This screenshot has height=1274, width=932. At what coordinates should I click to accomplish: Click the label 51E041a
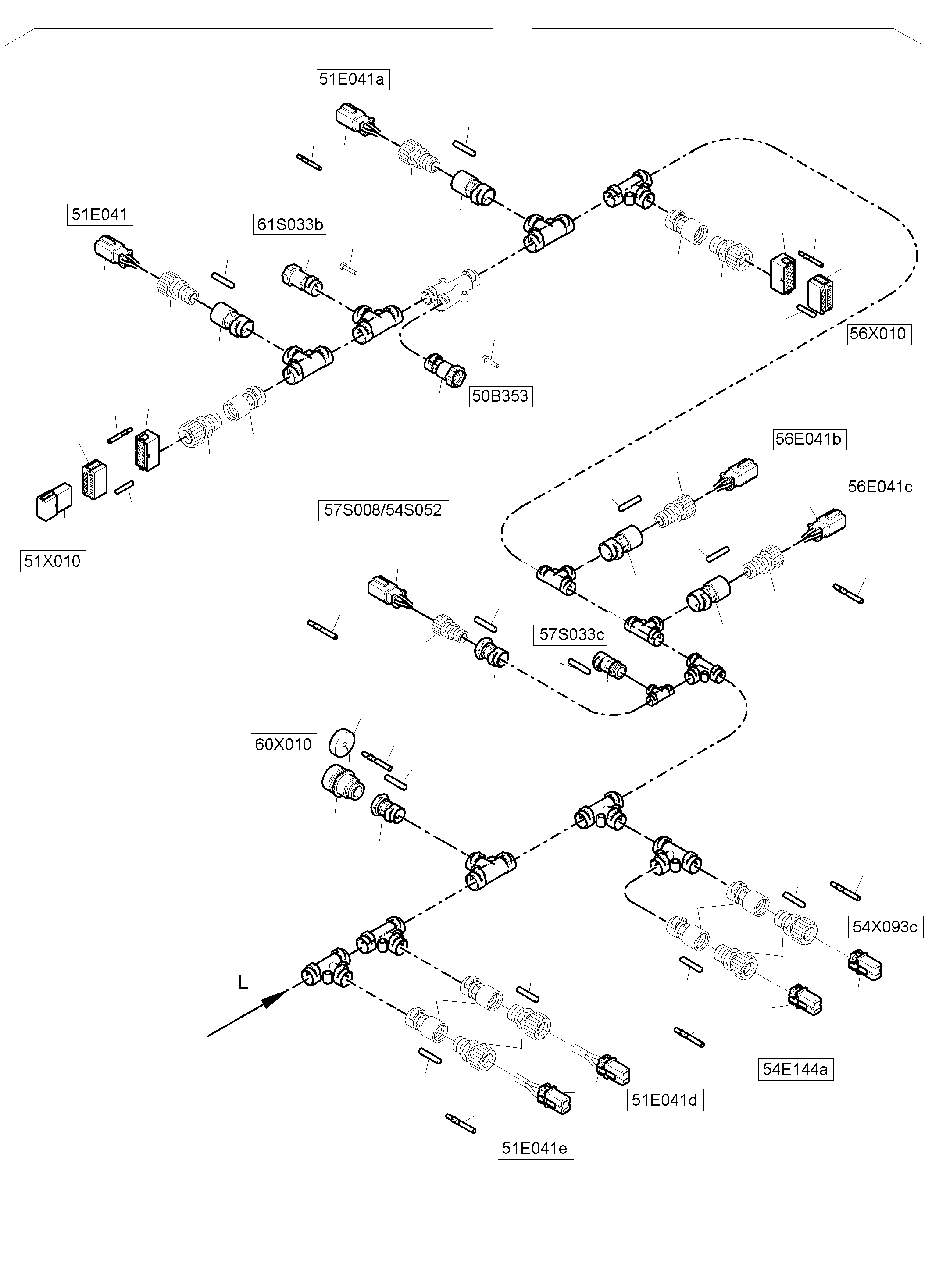(x=352, y=79)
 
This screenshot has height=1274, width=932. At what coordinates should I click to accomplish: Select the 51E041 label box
(x=100, y=215)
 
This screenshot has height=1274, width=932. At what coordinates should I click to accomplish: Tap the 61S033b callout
(x=289, y=224)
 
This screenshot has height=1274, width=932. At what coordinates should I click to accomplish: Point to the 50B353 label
(x=500, y=396)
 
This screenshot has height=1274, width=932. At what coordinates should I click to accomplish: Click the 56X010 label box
(x=878, y=334)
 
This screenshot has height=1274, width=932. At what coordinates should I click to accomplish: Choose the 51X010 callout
(x=53, y=561)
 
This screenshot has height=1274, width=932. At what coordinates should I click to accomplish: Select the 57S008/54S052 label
(x=383, y=510)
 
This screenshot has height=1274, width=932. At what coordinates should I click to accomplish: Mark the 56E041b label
(x=809, y=439)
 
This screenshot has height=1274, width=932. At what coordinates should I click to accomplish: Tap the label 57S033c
(x=571, y=634)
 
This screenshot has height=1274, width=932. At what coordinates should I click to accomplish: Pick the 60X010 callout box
(x=283, y=744)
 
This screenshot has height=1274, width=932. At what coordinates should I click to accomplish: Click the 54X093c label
(x=885, y=927)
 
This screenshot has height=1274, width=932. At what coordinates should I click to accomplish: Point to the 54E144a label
(x=795, y=1069)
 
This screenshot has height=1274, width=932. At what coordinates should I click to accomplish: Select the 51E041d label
(x=664, y=1100)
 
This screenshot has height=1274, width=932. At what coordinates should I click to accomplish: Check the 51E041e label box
(x=535, y=1148)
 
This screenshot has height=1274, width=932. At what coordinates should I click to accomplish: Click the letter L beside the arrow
(x=243, y=983)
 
